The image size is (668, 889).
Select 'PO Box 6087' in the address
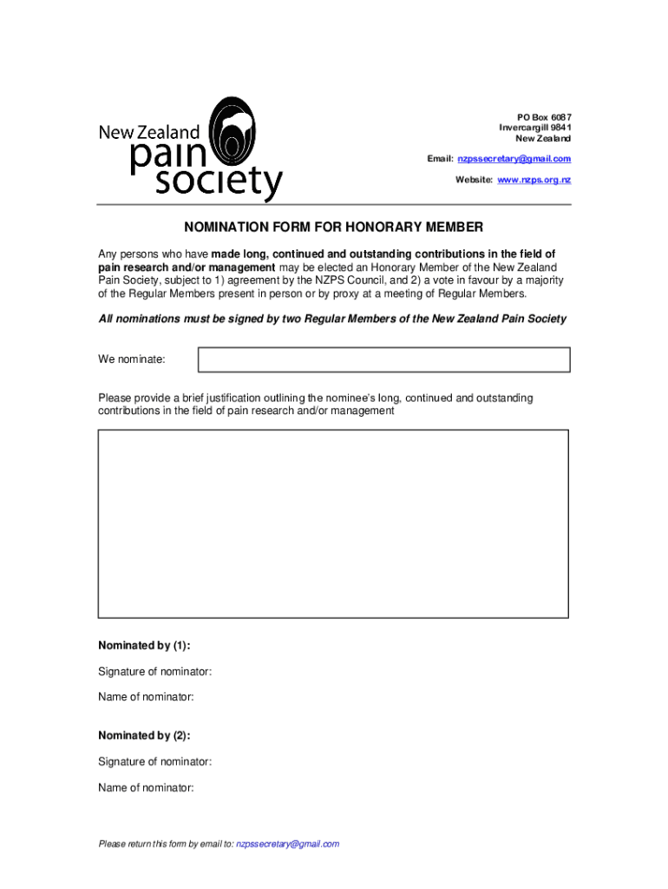click(544, 118)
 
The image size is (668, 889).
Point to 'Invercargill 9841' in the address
click(534, 128)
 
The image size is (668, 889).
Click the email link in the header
click(514, 159)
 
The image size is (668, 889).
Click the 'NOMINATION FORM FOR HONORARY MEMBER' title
click(333, 227)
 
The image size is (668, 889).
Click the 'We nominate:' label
click(132, 359)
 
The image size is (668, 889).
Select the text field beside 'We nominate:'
click(383, 359)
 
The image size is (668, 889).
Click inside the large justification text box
click(333, 524)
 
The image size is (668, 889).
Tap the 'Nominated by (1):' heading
click(144, 646)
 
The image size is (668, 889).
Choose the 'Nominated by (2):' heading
click(144, 735)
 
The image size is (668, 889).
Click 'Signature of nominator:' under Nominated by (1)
click(155, 672)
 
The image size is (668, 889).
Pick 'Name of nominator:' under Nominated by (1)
click(146, 697)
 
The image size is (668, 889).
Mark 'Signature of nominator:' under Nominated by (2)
click(155, 761)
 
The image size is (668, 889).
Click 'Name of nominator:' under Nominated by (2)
click(146, 787)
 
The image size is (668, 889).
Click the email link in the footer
click(287, 844)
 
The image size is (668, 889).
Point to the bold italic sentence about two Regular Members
click(332, 319)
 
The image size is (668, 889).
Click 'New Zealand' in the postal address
click(543, 139)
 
